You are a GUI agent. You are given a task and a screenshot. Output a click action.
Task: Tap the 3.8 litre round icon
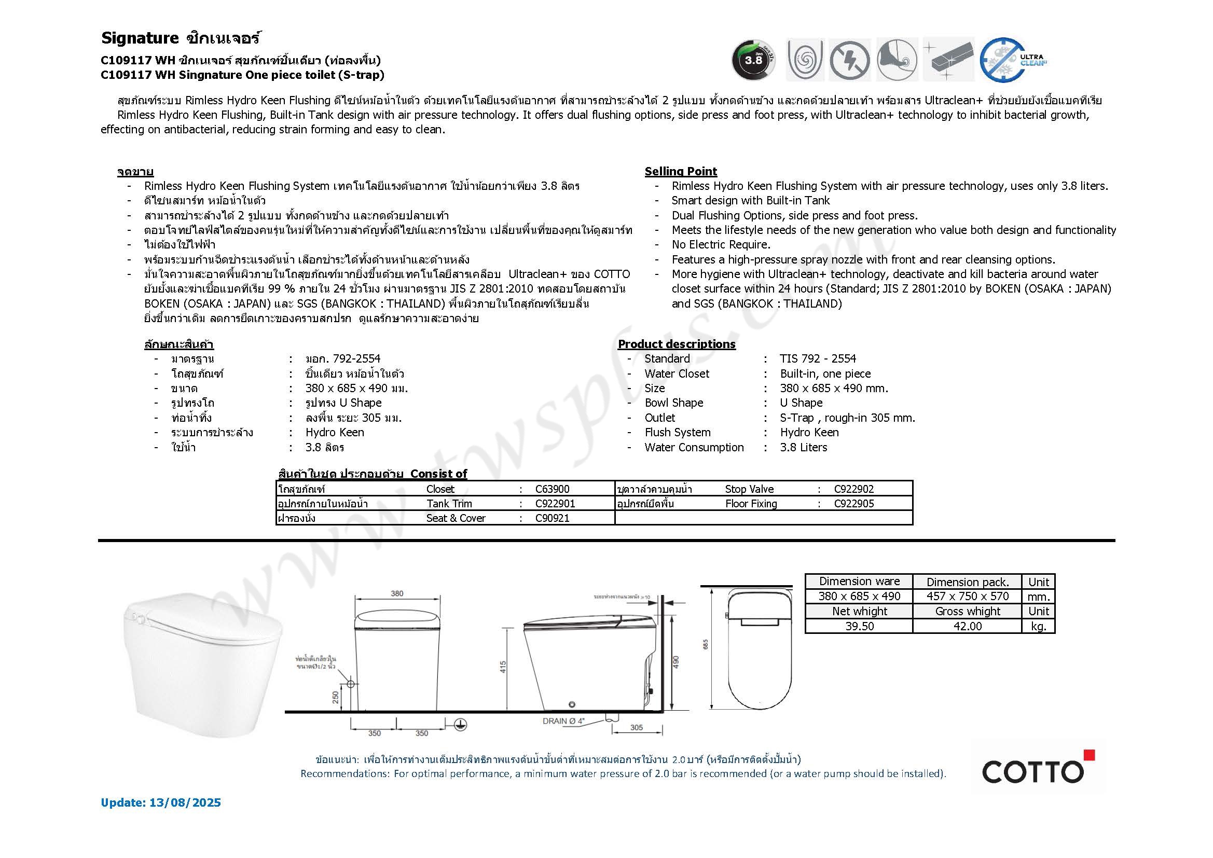coord(753,60)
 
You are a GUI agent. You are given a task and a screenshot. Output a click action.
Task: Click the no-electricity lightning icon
coord(849,60)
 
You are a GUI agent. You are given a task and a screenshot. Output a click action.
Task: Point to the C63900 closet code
coord(552,489)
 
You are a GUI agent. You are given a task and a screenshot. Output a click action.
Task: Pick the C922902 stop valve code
coord(854,489)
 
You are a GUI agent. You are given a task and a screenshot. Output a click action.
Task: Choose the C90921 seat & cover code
coord(552,518)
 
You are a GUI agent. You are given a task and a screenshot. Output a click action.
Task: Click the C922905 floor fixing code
coord(854,504)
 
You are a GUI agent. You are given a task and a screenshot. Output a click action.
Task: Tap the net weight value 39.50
coord(859,626)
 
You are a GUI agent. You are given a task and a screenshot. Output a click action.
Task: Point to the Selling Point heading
coord(681,171)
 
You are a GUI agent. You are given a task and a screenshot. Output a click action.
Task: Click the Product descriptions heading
coord(676,344)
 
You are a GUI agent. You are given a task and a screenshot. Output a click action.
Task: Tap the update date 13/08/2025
coord(185,802)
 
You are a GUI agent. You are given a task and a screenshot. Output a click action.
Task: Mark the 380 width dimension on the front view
coord(397,593)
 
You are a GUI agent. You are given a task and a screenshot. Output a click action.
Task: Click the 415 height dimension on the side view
coord(503,667)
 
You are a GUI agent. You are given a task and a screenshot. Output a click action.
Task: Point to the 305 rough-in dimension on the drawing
coord(637,727)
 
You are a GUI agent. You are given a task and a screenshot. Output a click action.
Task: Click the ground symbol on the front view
coord(460,725)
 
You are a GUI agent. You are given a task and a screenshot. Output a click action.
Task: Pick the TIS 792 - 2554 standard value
coord(818,359)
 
